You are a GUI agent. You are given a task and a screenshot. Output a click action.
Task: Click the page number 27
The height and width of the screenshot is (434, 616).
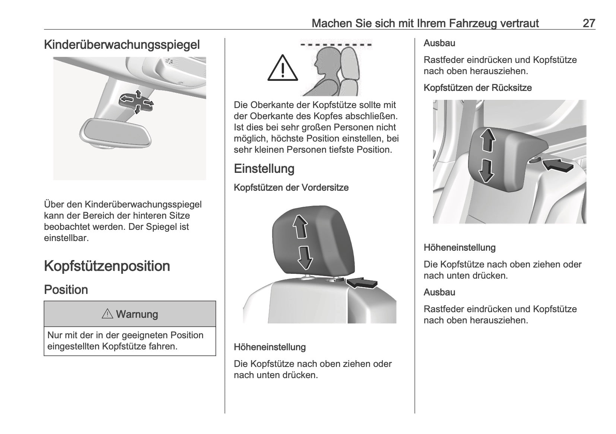[589, 23]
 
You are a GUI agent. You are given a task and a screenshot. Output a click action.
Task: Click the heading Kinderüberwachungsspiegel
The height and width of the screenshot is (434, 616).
[122, 45]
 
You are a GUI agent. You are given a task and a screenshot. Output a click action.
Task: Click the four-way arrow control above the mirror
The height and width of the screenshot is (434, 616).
[136, 102]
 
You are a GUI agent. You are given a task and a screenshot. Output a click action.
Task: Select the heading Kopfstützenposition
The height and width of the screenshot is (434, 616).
[107, 266]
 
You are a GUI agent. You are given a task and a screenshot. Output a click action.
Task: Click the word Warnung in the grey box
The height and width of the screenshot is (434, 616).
[137, 314]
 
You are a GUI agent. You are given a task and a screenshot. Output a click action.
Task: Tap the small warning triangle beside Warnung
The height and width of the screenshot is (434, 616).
[107, 314]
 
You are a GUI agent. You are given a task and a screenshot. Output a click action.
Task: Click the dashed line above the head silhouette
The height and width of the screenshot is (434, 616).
[336, 44]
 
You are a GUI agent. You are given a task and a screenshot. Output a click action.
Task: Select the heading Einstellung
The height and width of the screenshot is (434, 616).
[264, 168]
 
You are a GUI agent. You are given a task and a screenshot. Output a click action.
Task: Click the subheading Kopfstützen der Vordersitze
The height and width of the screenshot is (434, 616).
[291, 187]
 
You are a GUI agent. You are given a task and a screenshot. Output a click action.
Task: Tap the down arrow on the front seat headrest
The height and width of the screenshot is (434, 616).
[305, 258]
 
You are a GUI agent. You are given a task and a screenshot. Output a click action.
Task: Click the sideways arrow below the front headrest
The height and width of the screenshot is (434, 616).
[362, 283]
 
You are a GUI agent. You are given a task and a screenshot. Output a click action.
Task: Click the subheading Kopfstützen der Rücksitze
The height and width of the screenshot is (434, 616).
[477, 88]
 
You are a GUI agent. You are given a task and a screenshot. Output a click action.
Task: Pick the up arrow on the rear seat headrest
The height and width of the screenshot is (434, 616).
[487, 140]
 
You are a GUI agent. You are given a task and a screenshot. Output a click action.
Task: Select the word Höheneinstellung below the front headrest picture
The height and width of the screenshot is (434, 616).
[269, 347]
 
